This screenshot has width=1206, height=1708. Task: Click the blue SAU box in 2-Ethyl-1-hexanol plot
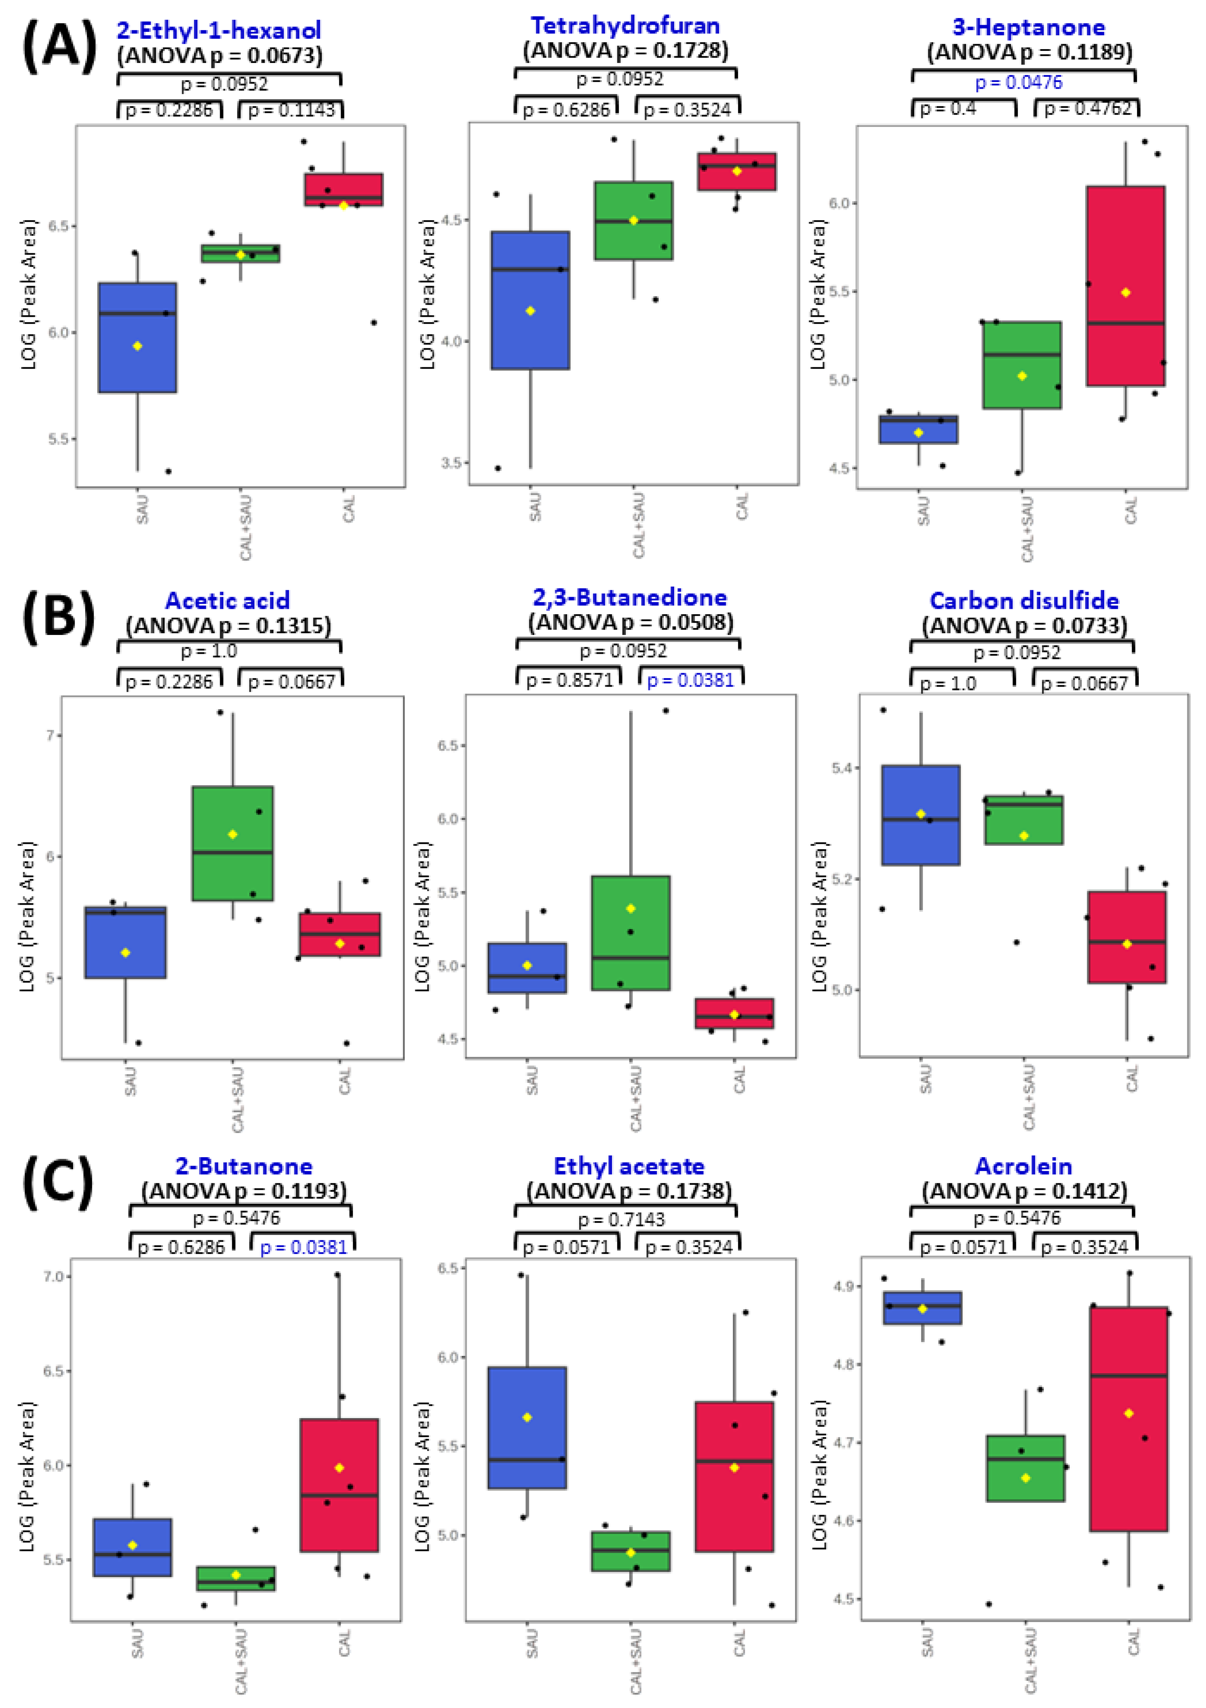coord(137,337)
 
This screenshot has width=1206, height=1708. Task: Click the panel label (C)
coord(58,1182)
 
